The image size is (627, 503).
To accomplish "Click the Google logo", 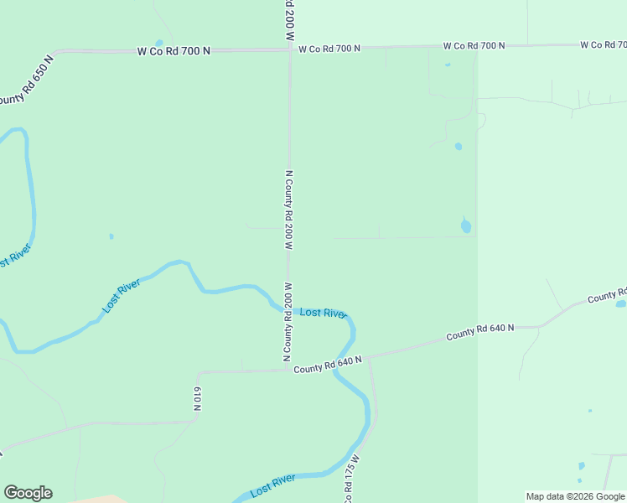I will point(28,492).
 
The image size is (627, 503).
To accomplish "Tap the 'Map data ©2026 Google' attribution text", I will point(574,496).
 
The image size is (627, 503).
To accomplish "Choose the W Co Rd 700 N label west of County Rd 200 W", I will point(174,51).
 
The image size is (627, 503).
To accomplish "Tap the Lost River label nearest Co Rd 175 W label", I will point(272,484).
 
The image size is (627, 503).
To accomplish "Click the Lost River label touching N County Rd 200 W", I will point(323,313).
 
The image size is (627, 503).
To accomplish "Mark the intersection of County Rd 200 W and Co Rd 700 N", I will point(290,49).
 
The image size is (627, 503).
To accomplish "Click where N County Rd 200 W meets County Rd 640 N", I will point(288,369).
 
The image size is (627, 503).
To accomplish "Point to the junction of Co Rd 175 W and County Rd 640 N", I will point(369,357).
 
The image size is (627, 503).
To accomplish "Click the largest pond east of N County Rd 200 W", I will point(466,226).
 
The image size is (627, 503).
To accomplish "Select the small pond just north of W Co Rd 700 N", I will point(158,43).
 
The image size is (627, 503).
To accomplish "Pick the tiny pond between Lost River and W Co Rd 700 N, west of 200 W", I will point(111,236).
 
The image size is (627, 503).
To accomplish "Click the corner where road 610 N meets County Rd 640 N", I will point(199,372).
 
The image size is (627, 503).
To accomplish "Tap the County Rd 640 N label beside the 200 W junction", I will point(327,364).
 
